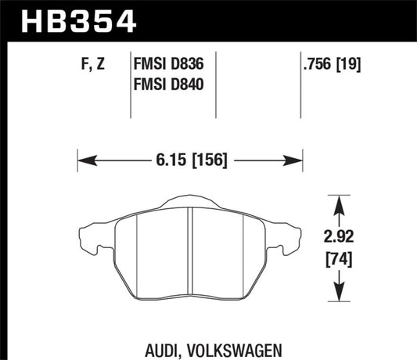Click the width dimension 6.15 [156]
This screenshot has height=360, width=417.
(x=190, y=162)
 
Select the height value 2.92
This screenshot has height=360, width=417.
(x=339, y=232)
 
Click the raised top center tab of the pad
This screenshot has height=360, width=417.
(x=189, y=202)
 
